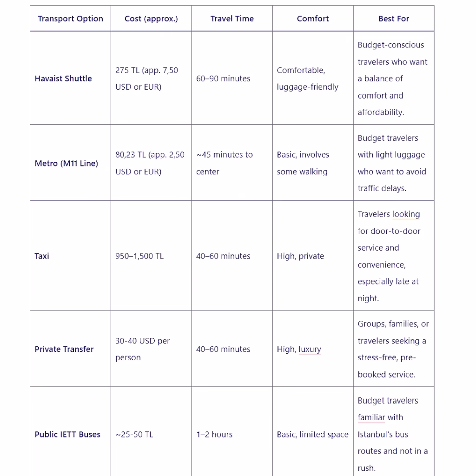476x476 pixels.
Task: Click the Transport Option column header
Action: (70, 19)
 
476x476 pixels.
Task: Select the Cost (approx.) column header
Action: (151, 19)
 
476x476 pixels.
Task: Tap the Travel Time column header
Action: (232, 19)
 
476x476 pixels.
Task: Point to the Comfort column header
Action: (313, 19)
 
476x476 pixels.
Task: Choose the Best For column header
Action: (394, 19)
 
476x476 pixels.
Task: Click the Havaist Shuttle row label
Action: (63, 79)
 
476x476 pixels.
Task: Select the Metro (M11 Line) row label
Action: (66, 163)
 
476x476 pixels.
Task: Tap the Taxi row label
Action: (42, 256)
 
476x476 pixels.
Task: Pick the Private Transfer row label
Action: (64, 349)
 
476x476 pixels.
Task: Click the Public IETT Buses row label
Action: (67, 435)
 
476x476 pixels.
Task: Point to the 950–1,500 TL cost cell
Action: (139, 256)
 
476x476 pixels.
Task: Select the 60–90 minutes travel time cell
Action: (223, 79)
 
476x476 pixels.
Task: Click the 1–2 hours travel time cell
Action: (214, 435)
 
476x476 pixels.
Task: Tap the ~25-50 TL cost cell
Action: (134, 435)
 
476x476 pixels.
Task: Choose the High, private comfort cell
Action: (300, 256)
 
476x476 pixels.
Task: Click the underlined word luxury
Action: (310, 349)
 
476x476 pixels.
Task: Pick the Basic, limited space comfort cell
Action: (312, 435)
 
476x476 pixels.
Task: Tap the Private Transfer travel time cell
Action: (223, 349)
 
